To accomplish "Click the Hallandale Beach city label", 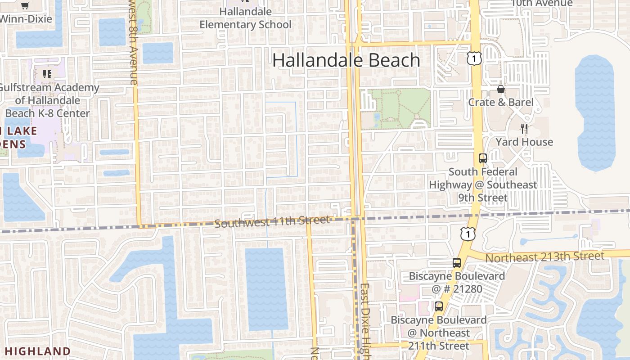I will [346, 60].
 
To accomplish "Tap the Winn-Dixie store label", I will [25, 19].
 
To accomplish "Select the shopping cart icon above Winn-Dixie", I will [25, 6].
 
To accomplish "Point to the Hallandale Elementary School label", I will [246, 18].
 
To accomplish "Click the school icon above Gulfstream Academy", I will [47, 74].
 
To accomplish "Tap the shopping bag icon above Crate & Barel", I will [501, 89].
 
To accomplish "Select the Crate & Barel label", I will [501, 102].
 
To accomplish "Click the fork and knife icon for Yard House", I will [524, 129].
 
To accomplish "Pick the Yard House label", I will [524, 142].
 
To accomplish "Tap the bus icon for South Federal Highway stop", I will [483, 158].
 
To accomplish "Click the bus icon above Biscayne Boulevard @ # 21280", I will [457, 263].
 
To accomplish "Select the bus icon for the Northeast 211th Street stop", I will [439, 306].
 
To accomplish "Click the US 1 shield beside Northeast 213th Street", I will [468, 234].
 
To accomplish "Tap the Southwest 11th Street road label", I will [272, 221].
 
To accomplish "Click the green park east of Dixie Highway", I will [400, 108].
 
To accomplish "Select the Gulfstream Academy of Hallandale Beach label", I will [48, 100].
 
